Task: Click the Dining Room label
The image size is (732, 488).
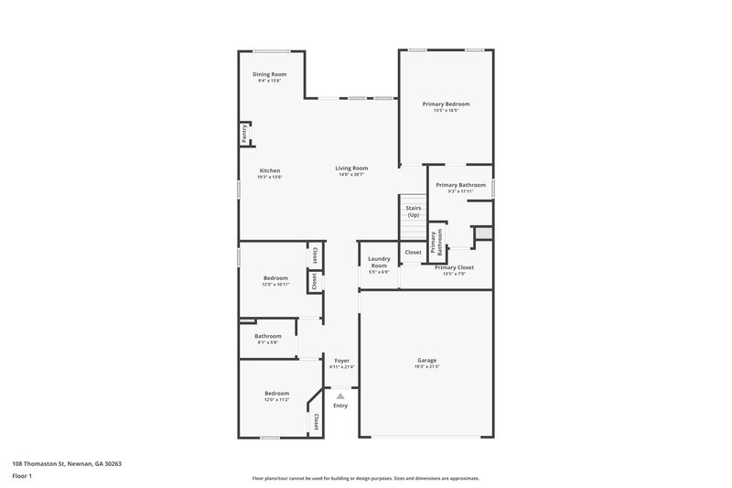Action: click(270, 74)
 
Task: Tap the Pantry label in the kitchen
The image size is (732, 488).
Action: click(244, 133)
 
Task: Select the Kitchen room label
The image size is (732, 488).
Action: click(270, 170)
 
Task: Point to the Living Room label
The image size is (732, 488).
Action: click(351, 168)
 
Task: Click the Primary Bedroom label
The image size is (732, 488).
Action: click(446, 104)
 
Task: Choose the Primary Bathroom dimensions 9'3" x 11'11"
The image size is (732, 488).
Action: click(460, 191)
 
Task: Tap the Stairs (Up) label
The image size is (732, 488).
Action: click(413, 211)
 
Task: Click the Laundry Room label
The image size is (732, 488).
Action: click(379, 263)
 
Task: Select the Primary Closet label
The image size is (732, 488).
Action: click(454, 267)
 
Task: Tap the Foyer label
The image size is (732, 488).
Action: click(341, 361)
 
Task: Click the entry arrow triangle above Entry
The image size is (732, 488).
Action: click(340, 396)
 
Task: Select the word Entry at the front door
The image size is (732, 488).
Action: click(340, 406)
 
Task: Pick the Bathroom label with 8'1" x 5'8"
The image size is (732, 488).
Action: click(268, 336)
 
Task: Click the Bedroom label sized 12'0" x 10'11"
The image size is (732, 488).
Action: click(275, 277)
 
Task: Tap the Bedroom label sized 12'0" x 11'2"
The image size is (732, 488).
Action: click(276, 394)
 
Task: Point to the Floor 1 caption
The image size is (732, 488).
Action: click(22, 476)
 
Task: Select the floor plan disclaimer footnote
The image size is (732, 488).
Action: click(366, 478)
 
